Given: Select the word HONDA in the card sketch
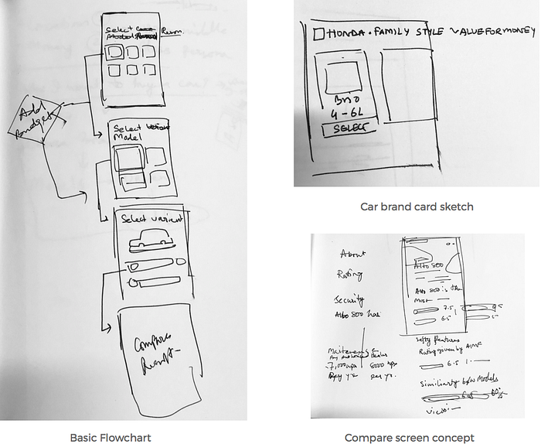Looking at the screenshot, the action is [343, 33].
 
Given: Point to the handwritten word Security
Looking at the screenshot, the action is [349, 300].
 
